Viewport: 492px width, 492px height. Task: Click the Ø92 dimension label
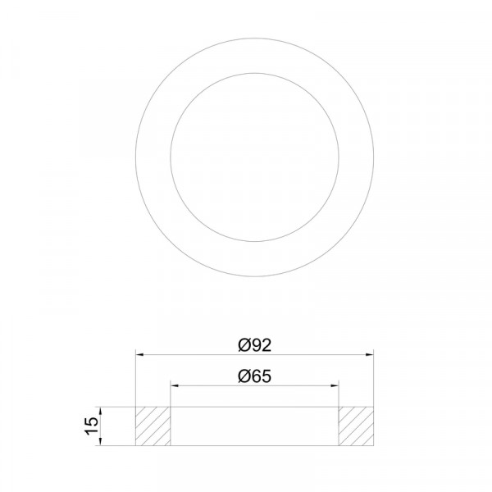[x=254, y=345]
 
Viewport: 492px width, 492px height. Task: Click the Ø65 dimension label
[x=254, y=376]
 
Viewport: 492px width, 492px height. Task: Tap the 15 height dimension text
[x=92, y=426]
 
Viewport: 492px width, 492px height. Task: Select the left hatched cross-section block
[x=153, y=426]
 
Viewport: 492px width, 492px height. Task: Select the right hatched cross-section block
[x=356, y=426]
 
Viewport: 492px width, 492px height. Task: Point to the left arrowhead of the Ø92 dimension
[x=139, y=354]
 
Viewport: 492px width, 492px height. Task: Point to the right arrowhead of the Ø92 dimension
[x=370, y=354]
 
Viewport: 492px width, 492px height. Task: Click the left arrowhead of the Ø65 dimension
[x=175, y=385]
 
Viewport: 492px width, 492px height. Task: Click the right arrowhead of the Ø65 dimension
[x=335, y=385]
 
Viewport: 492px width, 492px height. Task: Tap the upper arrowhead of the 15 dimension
[x=100, y=411]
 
